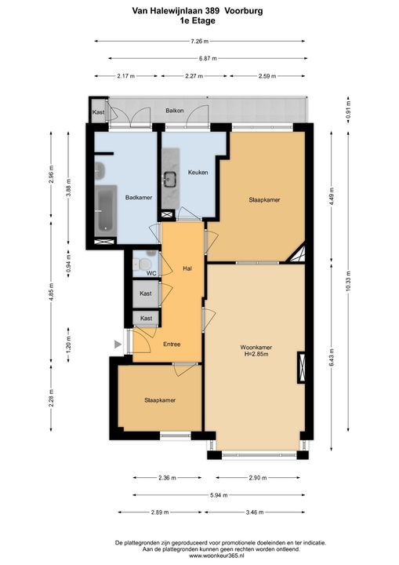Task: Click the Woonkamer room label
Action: coord(256,348)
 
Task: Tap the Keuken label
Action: coord(198,172)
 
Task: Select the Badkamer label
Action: coord(139,198)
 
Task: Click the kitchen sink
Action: coord(169,178)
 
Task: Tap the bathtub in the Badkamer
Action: coord(106,210)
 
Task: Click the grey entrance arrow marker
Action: coord(118,344)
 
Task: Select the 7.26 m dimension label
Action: coord(199,41)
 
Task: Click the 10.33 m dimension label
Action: coord(348,281)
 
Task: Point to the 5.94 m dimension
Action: coord(219,495)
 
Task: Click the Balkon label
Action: coord(175,111)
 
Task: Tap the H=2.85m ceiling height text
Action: coord(256,354)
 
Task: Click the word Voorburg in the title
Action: coord(244,11)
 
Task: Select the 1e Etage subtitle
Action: coord(198,20)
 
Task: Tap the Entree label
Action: coord(172,344)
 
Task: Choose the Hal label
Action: coord(187,268)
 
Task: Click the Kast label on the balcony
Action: coord(98,112)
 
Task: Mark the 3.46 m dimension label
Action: coord(255,512)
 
